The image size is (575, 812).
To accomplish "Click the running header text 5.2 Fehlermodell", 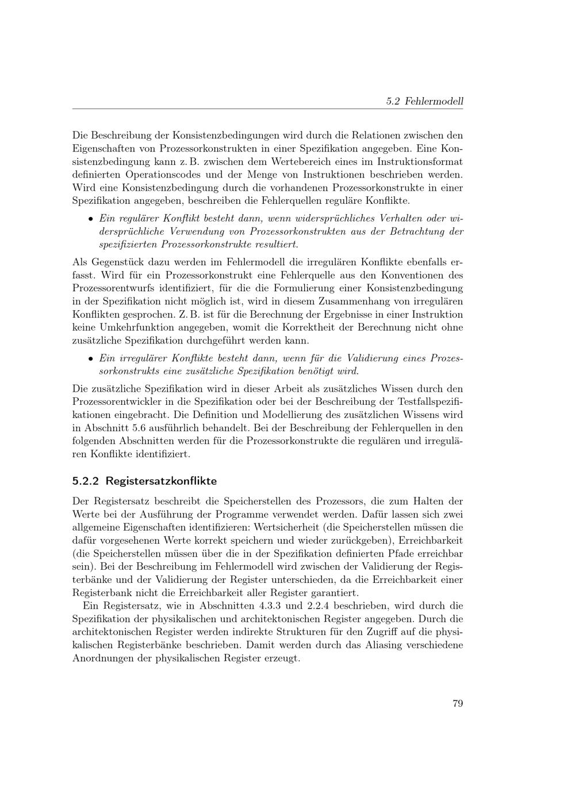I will pos(424,102).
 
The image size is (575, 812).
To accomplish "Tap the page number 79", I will pos(458,703).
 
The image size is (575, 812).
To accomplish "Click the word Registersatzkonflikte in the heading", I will pos(161,481).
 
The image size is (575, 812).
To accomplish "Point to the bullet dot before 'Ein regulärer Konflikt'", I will pos(91,219).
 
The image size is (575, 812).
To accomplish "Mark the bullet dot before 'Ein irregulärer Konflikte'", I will pos(91,359).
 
